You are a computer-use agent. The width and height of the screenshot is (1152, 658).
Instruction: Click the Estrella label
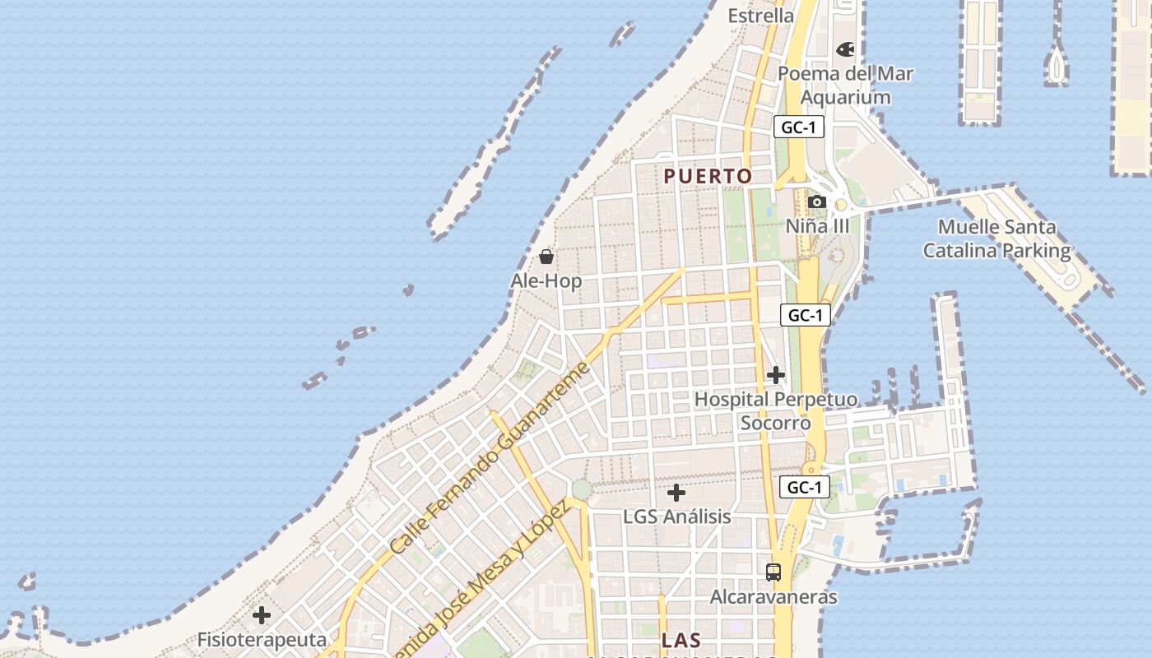[761, 16]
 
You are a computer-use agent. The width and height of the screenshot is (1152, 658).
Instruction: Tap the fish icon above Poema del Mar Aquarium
[845, 49]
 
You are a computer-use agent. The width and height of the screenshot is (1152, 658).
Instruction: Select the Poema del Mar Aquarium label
[846, 86]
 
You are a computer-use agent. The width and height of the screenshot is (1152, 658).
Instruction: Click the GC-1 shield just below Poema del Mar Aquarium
[798, 127]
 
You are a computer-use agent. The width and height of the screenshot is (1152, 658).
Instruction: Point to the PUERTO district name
[708, 176]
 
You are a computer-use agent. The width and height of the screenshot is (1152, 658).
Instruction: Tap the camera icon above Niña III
[816, 202]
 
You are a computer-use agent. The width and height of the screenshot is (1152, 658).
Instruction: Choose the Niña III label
[817, 225]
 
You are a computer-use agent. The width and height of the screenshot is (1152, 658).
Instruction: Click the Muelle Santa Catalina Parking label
[997, 239]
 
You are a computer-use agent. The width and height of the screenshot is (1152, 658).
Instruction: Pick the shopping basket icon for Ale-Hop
[546, 257]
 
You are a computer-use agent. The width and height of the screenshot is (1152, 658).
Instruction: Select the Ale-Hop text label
[546, 281]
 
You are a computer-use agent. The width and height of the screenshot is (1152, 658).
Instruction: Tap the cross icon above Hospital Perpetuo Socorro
[775, 375]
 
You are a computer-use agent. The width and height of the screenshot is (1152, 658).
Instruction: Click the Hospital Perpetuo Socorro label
[776, 411]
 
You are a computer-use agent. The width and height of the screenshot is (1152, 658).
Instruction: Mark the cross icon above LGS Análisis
[676, 493]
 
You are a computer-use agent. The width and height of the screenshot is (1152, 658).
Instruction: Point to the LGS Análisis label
[677, 517]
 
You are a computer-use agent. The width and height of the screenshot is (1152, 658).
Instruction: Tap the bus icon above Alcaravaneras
[773, 572]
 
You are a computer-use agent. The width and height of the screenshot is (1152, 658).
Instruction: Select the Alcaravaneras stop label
[773, 597]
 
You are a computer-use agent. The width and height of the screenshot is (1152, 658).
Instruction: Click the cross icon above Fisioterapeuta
[262, 615]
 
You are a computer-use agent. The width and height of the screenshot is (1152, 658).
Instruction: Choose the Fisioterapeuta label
[262, 640]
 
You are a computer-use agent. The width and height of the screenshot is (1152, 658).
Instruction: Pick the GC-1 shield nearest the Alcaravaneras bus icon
[804, 487]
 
